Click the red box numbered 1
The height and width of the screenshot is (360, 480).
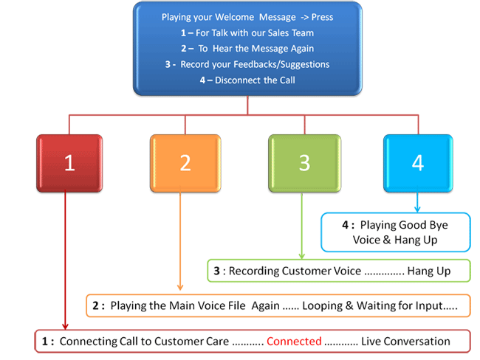tap(69, 163)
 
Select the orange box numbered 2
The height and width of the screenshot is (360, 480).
tap(185, 163)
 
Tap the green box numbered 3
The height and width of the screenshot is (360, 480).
tap(304, 163)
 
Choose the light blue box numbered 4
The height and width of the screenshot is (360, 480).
tap(417, 163)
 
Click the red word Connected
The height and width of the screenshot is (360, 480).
tap(294, 342)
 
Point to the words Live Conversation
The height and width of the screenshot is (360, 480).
tap(405, 342)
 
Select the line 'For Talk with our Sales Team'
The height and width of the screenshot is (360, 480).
tap(247, 33)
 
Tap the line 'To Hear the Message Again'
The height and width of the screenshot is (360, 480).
tap(247, 49)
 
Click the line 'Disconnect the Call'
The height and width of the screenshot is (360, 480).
tap(247, 80)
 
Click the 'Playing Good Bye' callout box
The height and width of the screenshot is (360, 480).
tap(397, 232)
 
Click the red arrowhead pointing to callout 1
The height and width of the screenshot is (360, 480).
tap(66, 326)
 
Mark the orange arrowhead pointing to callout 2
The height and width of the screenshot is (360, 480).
tap(182, 288)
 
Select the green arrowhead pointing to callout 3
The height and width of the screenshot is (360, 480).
tap(301, 255)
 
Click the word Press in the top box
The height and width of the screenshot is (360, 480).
tap(323, 18)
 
